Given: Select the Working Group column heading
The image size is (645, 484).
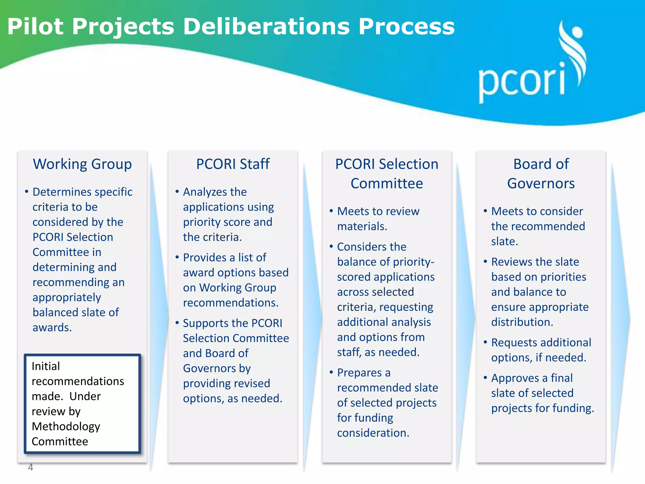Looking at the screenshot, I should pyautogui.click(x=82, y=164).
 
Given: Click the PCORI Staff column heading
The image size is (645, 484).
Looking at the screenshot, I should pyautogui.click(x=233, y=164).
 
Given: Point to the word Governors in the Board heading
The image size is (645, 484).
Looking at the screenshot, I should pyautogui.click(x=541, y=183).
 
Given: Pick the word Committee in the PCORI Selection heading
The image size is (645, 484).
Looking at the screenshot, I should pyautogui.click(x=387, y=183).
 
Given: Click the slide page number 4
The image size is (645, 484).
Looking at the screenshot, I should pyautogui.click(x=31, y=467).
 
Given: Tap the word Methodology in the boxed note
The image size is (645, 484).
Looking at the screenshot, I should pyautogui.click(x=66, y=426).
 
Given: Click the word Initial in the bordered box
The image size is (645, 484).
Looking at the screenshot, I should pyautogui.click(x=46, y=366).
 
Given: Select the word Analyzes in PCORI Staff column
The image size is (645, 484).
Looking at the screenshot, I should pyautogui.click(x=202, y=192).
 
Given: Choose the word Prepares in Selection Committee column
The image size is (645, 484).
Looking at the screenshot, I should pyautogui.click(x=359, y=373).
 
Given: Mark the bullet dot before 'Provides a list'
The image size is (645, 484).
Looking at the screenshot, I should pyautogui.click(x=177, y=257).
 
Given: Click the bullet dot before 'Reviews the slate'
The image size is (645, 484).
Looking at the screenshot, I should pyautogui.click(x=485, y=261).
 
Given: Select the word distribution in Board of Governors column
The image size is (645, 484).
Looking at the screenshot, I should pyautogui.click(x=522, y=322).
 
